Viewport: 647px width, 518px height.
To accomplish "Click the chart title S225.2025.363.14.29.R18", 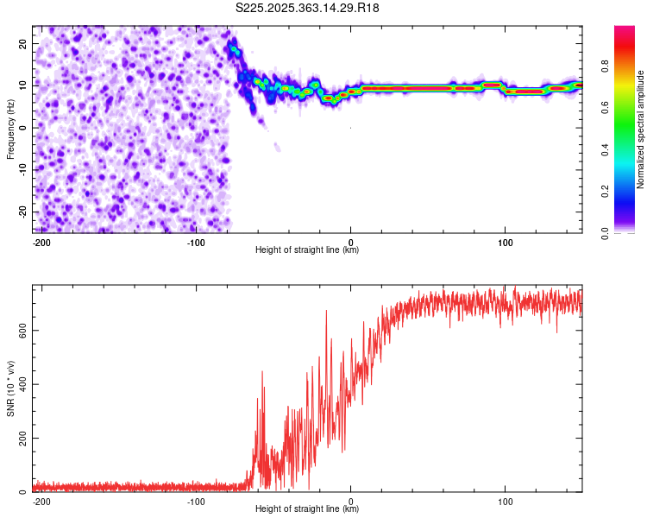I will [x=308, y=8].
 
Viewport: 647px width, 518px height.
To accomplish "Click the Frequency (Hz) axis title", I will [x=10, y=129].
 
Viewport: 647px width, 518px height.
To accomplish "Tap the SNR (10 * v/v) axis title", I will [x=10, y=388].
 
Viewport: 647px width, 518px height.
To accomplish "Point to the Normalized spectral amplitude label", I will [x=641, y=129].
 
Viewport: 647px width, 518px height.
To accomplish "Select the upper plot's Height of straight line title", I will [x=307, y=250].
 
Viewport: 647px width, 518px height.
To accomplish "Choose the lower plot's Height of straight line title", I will [x=307, y=509].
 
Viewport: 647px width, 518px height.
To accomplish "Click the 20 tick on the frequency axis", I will [x=23, y=43].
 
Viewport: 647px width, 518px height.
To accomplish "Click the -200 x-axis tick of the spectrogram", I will [x=41, y=242].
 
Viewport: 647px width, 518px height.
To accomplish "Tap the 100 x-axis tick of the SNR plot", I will [x=505, y=501].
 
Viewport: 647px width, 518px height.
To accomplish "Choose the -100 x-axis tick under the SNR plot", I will [x=196, y=501].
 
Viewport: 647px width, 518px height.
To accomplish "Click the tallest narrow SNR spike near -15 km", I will [x=326, y=311].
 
